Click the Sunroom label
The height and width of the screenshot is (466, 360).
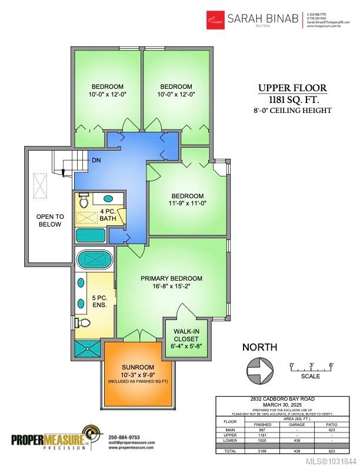point(139,366)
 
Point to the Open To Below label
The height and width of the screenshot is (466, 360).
point(49,220)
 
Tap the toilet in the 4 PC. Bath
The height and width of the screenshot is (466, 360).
point(84,201)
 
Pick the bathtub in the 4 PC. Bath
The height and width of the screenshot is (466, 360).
point(91,235)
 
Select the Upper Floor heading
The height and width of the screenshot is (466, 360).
point(292,88)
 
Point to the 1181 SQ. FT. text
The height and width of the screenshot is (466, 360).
point(292,99)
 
